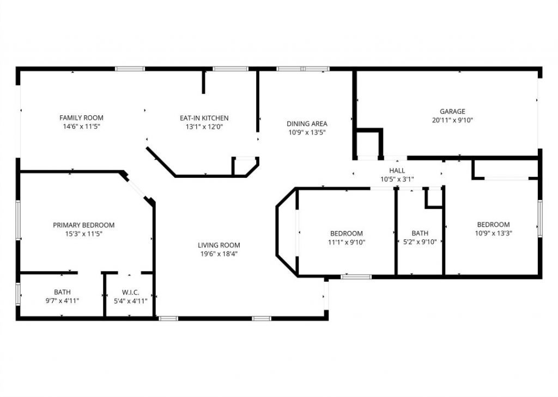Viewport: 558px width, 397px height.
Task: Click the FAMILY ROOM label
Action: [x=81, y=117]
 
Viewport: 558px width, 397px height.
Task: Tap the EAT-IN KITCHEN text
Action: [x=204, y=118]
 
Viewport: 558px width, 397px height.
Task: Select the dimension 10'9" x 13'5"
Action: [x=307, y=132]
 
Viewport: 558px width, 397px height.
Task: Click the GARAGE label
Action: [x=453, y=111]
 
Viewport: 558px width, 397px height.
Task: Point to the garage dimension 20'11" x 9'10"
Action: [x=453, y=120]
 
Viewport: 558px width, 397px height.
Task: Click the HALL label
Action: [x=397, y=171]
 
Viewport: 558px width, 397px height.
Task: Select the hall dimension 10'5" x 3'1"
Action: [x=397, y=179]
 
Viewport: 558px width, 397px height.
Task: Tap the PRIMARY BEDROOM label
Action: [x=83, y=225]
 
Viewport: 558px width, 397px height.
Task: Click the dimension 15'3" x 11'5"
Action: [x=83, y=234]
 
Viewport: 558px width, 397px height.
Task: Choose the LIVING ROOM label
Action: [x=219, y=245]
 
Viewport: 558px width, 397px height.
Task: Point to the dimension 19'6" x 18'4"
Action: [x=219, y=253]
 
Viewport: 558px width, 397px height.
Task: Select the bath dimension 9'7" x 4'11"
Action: [x=62, y=300]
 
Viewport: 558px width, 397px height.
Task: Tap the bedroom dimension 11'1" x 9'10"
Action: [x=346, y=242]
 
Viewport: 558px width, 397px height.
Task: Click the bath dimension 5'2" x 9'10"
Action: [x=420, y=242]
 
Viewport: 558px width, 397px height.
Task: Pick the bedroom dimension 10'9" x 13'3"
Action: [x=493, y=233]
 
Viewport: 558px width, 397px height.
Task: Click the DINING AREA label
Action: [x=307, y=123]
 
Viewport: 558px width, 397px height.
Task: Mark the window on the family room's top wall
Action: [x=130, y=69]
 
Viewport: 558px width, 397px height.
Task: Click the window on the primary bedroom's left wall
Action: [x=18, y=219]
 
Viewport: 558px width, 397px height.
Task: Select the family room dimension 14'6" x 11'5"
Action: [x=81, y=126]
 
